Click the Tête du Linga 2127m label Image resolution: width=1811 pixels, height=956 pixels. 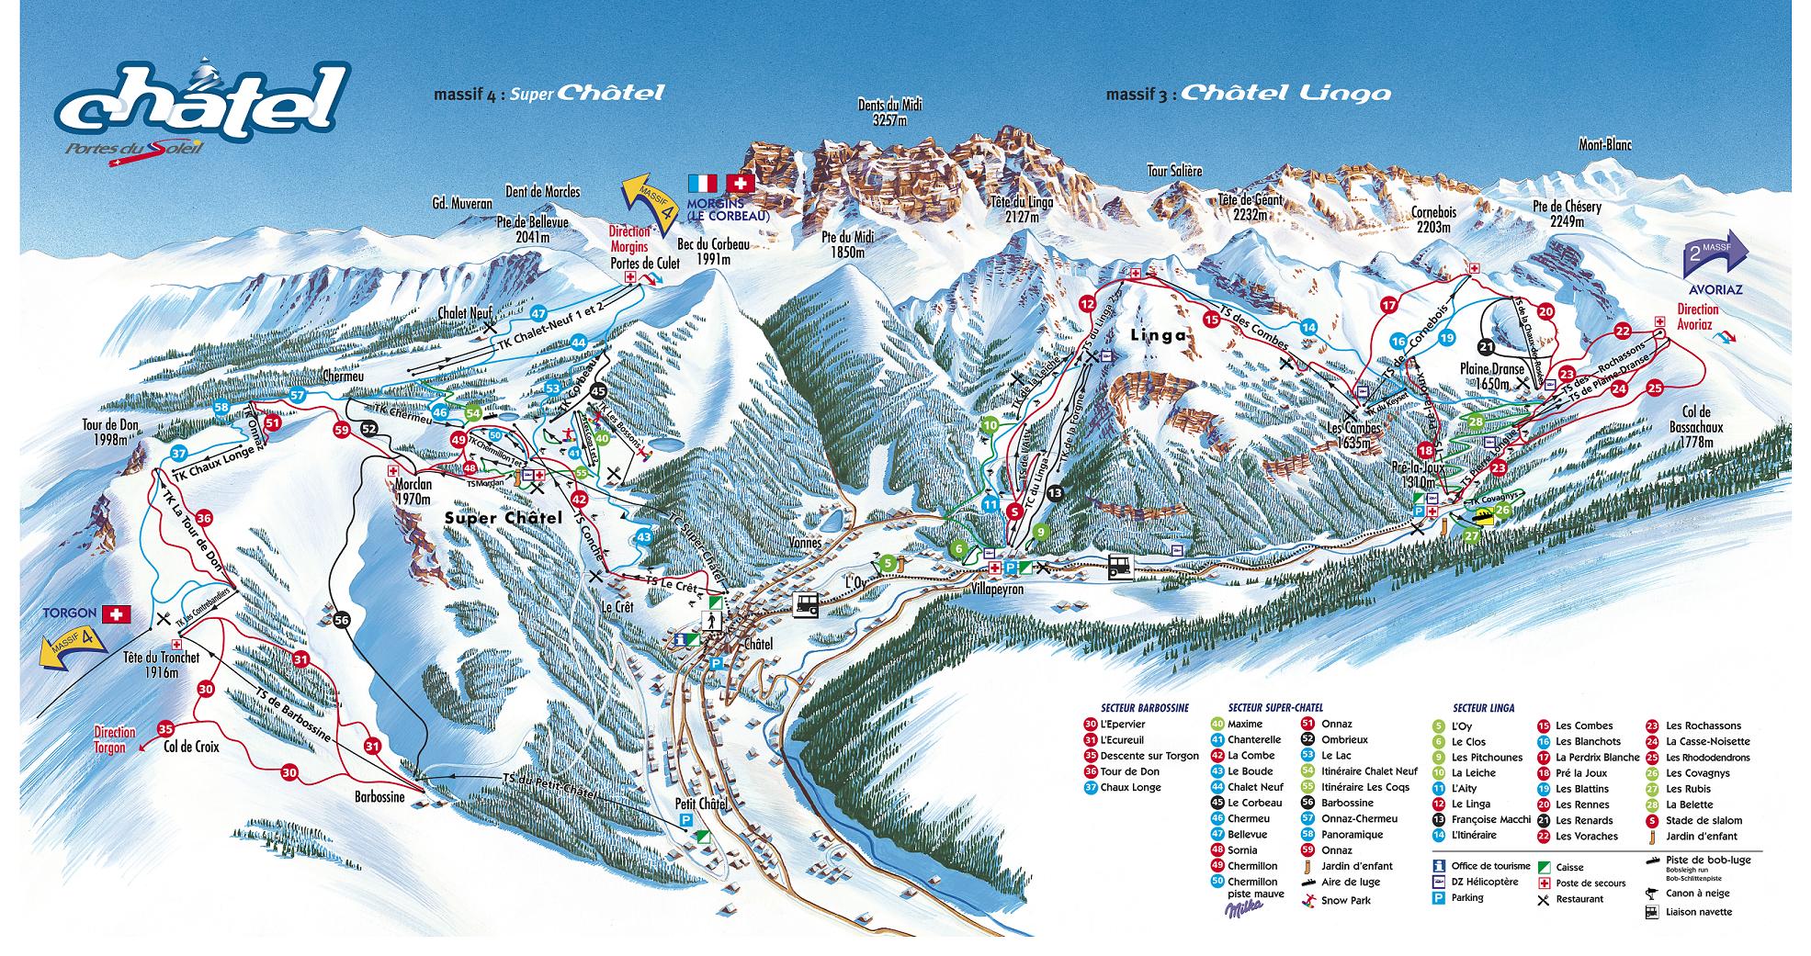[1022, 209]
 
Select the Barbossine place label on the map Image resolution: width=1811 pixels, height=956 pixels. [379, 797]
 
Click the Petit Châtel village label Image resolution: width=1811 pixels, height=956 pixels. [701, 804]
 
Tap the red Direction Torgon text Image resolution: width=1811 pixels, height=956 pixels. [115, 739]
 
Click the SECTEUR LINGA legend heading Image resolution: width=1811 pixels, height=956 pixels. [1483, 708]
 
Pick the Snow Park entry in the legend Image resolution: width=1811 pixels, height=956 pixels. [1345, 900]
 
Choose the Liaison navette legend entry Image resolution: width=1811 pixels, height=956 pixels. [1699, 912]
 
